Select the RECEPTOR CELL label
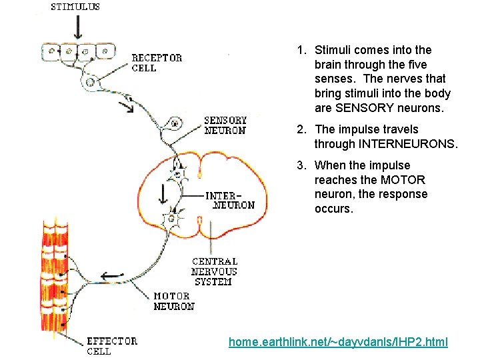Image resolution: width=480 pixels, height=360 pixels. coord(157,63)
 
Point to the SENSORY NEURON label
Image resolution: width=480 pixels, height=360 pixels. coord(225,125)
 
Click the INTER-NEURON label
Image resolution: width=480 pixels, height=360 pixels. coord(230,200)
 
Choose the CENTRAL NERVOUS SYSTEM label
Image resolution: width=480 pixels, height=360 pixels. coord(214,271)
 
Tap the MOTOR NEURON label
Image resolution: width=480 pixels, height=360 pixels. coord(174,301)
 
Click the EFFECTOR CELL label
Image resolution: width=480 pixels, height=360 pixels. coord(113,345)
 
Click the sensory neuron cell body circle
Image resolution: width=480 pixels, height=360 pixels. coord(175,123)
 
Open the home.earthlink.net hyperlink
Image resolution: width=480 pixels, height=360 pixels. coord(338,342)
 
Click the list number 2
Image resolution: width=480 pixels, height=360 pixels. coord(302,129)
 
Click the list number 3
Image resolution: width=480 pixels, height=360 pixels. coord(302,165)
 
